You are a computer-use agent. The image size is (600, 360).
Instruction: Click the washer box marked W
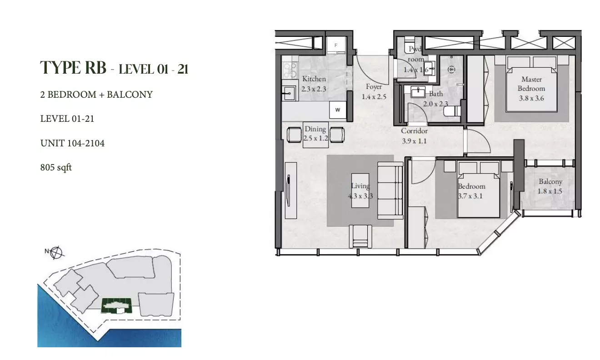click(338, 110)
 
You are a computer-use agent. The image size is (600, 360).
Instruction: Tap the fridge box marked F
click(335, 45)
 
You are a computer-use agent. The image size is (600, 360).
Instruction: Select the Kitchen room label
click(314, 79)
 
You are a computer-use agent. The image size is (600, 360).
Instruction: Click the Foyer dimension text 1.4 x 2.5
click(374, 97)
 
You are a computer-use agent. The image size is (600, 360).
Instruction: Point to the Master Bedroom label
click(531, 84)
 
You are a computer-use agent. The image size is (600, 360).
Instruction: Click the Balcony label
click(550, 182)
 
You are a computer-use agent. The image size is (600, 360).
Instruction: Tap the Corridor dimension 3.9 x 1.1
click(414, 141)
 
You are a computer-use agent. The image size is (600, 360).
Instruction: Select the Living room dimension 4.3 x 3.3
click(360, 196)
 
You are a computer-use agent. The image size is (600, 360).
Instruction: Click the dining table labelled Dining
click(315, 135)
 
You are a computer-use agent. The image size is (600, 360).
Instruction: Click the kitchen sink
click(289, 93)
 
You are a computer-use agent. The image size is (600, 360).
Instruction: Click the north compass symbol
click(56, 253)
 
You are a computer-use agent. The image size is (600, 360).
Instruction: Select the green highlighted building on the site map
click(116, 305)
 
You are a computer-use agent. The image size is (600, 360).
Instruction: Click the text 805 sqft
click(56, 167)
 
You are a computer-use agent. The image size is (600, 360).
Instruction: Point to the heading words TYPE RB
click(73, 67)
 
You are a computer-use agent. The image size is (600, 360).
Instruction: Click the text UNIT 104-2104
click(72, 143)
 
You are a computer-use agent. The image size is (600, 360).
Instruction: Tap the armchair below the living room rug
click(360, 236)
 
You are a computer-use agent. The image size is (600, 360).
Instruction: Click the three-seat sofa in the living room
click(390, 190)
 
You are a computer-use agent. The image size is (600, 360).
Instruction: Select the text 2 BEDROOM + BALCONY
click(96, 95)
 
